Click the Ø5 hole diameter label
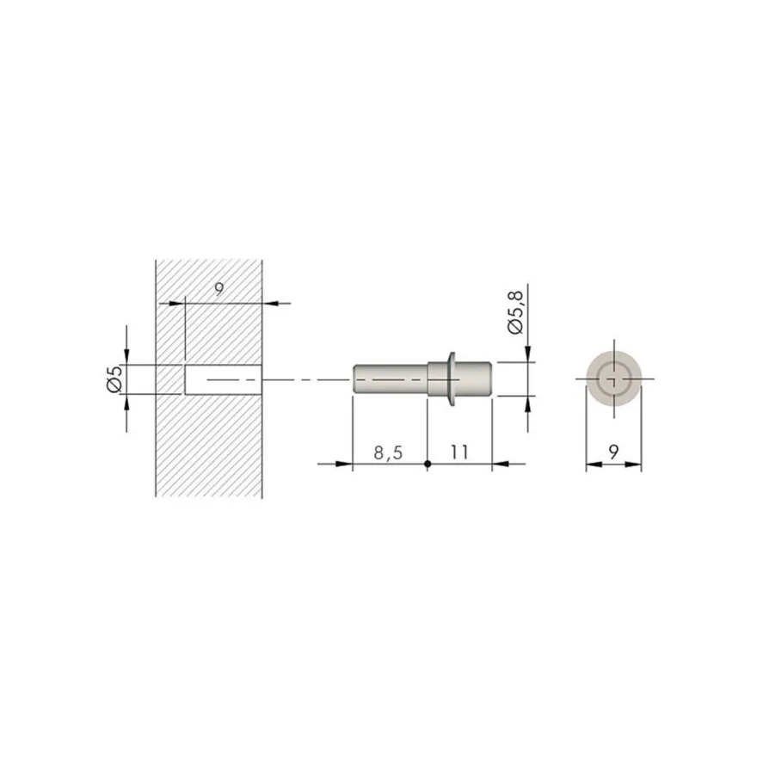click(115, 379)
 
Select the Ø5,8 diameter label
click(515, 312)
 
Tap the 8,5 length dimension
click(388, 453)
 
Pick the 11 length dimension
click(459, 452)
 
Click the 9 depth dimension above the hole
click(219, 289)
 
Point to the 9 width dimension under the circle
click(613, 452)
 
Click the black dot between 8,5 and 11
click(428, 464)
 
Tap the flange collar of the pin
click(452, 378)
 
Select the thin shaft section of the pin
click(391, 379)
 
